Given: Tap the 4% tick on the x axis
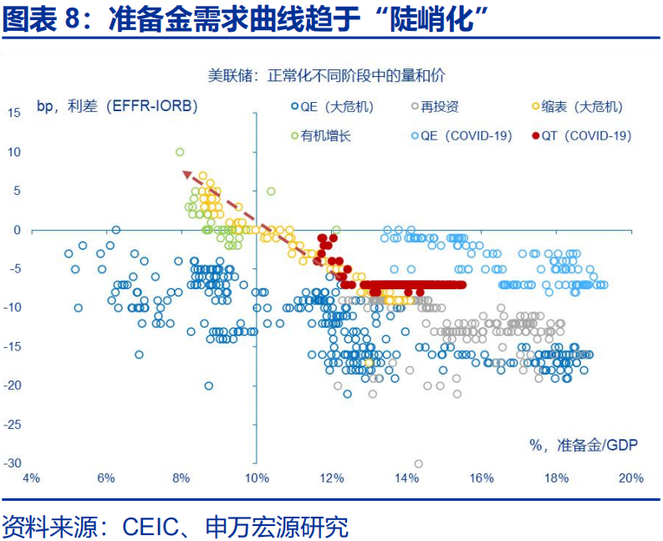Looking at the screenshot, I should point(31,478).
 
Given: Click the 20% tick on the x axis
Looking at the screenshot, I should point(631,478).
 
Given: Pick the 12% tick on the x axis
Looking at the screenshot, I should point(331,478).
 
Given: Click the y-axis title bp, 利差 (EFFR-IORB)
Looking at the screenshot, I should point(116,106).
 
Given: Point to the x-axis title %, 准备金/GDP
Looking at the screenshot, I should point(584,445).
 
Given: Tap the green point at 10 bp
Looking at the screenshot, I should point(180,152).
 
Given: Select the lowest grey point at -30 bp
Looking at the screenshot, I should point(418,463).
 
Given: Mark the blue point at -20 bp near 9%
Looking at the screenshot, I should point(208,385).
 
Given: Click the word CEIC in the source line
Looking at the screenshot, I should point(149,527).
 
